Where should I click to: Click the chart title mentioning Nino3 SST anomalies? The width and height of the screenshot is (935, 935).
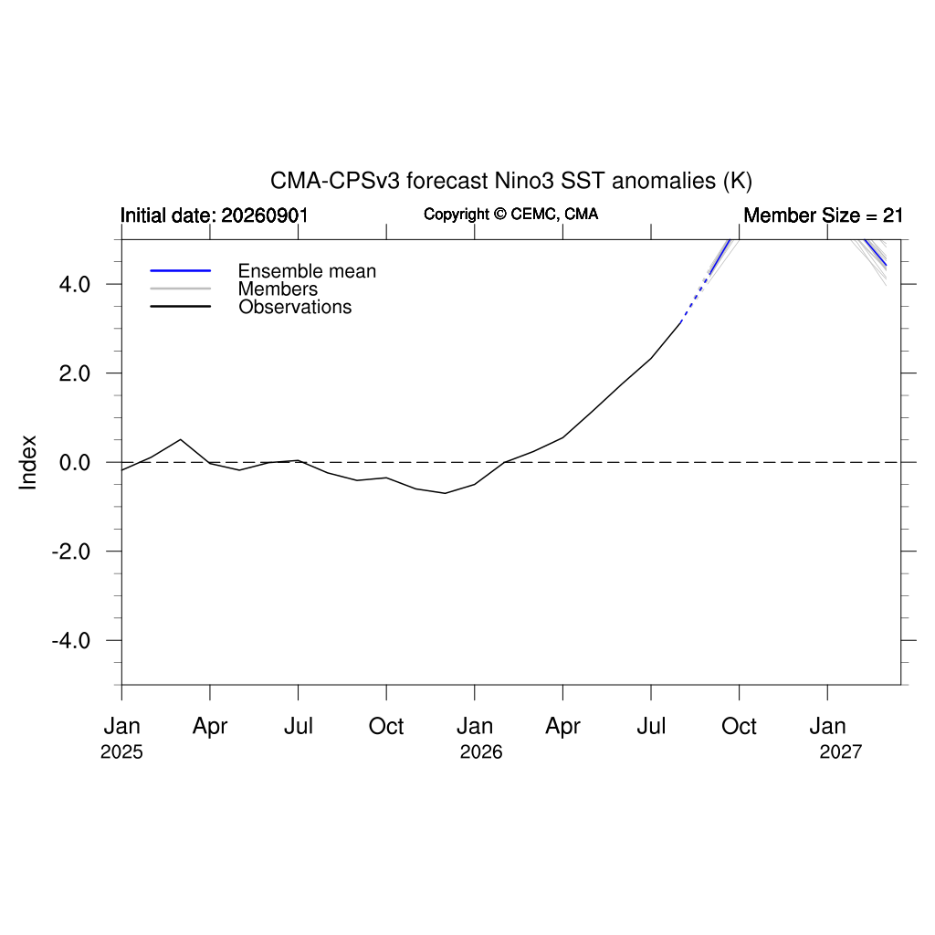coord(511,181)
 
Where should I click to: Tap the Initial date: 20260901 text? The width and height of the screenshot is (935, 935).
coord(214,215)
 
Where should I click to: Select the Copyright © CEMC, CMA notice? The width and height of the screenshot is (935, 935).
coord(511,214)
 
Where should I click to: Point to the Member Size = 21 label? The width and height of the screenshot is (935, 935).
coord(823,215)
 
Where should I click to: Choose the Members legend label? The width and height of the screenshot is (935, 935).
coord(278,289)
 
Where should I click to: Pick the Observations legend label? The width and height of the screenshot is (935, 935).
coord(295,307)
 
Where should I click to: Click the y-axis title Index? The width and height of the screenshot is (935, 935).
coord(27,462)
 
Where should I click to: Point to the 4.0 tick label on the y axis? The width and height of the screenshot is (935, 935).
coord(75,285)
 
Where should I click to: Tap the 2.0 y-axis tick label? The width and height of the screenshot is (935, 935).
coord(75,373)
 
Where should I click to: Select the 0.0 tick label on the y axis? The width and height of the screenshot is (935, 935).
coord(75,462)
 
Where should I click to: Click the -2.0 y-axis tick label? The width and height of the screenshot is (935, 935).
coord(71,552)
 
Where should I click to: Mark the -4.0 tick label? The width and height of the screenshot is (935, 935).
coord(71,641)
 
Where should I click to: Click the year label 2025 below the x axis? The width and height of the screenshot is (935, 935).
coord(121,752)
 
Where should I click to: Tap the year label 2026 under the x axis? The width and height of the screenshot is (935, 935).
coord(481,752)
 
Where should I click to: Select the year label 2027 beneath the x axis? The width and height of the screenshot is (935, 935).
coord(841,752)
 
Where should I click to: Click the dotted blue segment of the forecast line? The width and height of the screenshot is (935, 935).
coord(695,299)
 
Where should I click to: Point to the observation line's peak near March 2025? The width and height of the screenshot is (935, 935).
coord(181,439)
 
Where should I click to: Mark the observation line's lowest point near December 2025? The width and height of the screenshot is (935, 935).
coord(445,493)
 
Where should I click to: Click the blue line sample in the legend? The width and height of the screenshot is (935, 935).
coord(181,270)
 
